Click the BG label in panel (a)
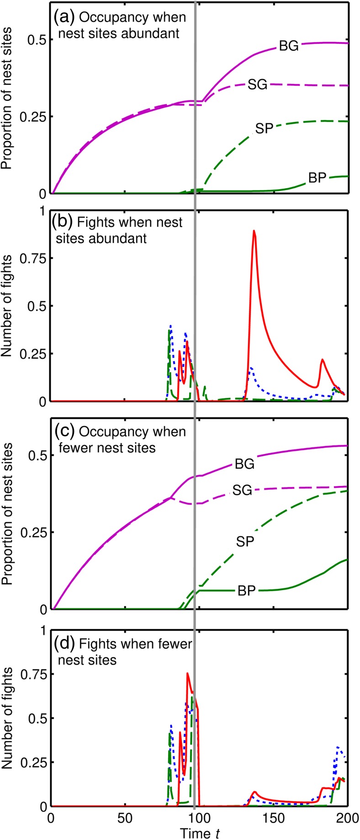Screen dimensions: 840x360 pos(289,46)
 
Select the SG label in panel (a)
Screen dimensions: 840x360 pos(257,85)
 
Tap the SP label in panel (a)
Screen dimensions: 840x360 pos(264,129)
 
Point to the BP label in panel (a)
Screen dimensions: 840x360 pos(318,178)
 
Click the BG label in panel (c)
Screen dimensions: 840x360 pos(244,465)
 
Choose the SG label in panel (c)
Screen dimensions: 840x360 pos(242,491)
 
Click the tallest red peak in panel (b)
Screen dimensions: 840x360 pos(254,231)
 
